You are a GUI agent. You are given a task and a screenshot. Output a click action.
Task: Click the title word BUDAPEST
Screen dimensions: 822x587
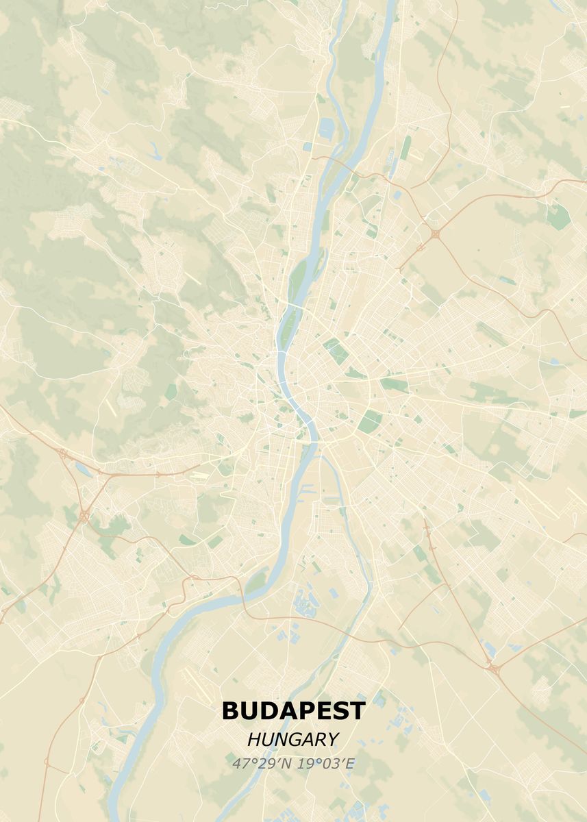pyautogui.click(x=293, y=710)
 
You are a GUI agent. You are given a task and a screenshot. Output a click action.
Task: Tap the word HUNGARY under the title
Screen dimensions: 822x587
pyautogui.click(x=293, y=740)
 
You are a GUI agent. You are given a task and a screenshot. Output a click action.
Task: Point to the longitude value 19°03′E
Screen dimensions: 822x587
pyautogui.click(x=326, y=763)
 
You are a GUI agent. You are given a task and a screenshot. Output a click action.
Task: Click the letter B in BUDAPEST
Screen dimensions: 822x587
pyautogui.click(x=230, y=710)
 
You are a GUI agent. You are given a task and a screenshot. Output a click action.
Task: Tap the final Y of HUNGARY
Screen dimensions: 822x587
pyautogui.click(x=333, y=740)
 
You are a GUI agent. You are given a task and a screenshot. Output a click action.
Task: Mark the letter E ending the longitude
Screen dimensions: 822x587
pyautogui.click(x=350, y=763)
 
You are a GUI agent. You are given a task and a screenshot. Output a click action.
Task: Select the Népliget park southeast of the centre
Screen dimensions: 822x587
pyautogui.click(x=369, y=421)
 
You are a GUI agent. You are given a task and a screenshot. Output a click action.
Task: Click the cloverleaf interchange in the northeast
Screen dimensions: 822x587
pyautogui.click(x=436, y=234)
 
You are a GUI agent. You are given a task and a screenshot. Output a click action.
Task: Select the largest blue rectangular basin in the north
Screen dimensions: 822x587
pyautogui.click(x=326, y=127)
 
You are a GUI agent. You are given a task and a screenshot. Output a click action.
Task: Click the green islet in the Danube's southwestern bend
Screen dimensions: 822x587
pyautogui.click(x=255, y=583)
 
